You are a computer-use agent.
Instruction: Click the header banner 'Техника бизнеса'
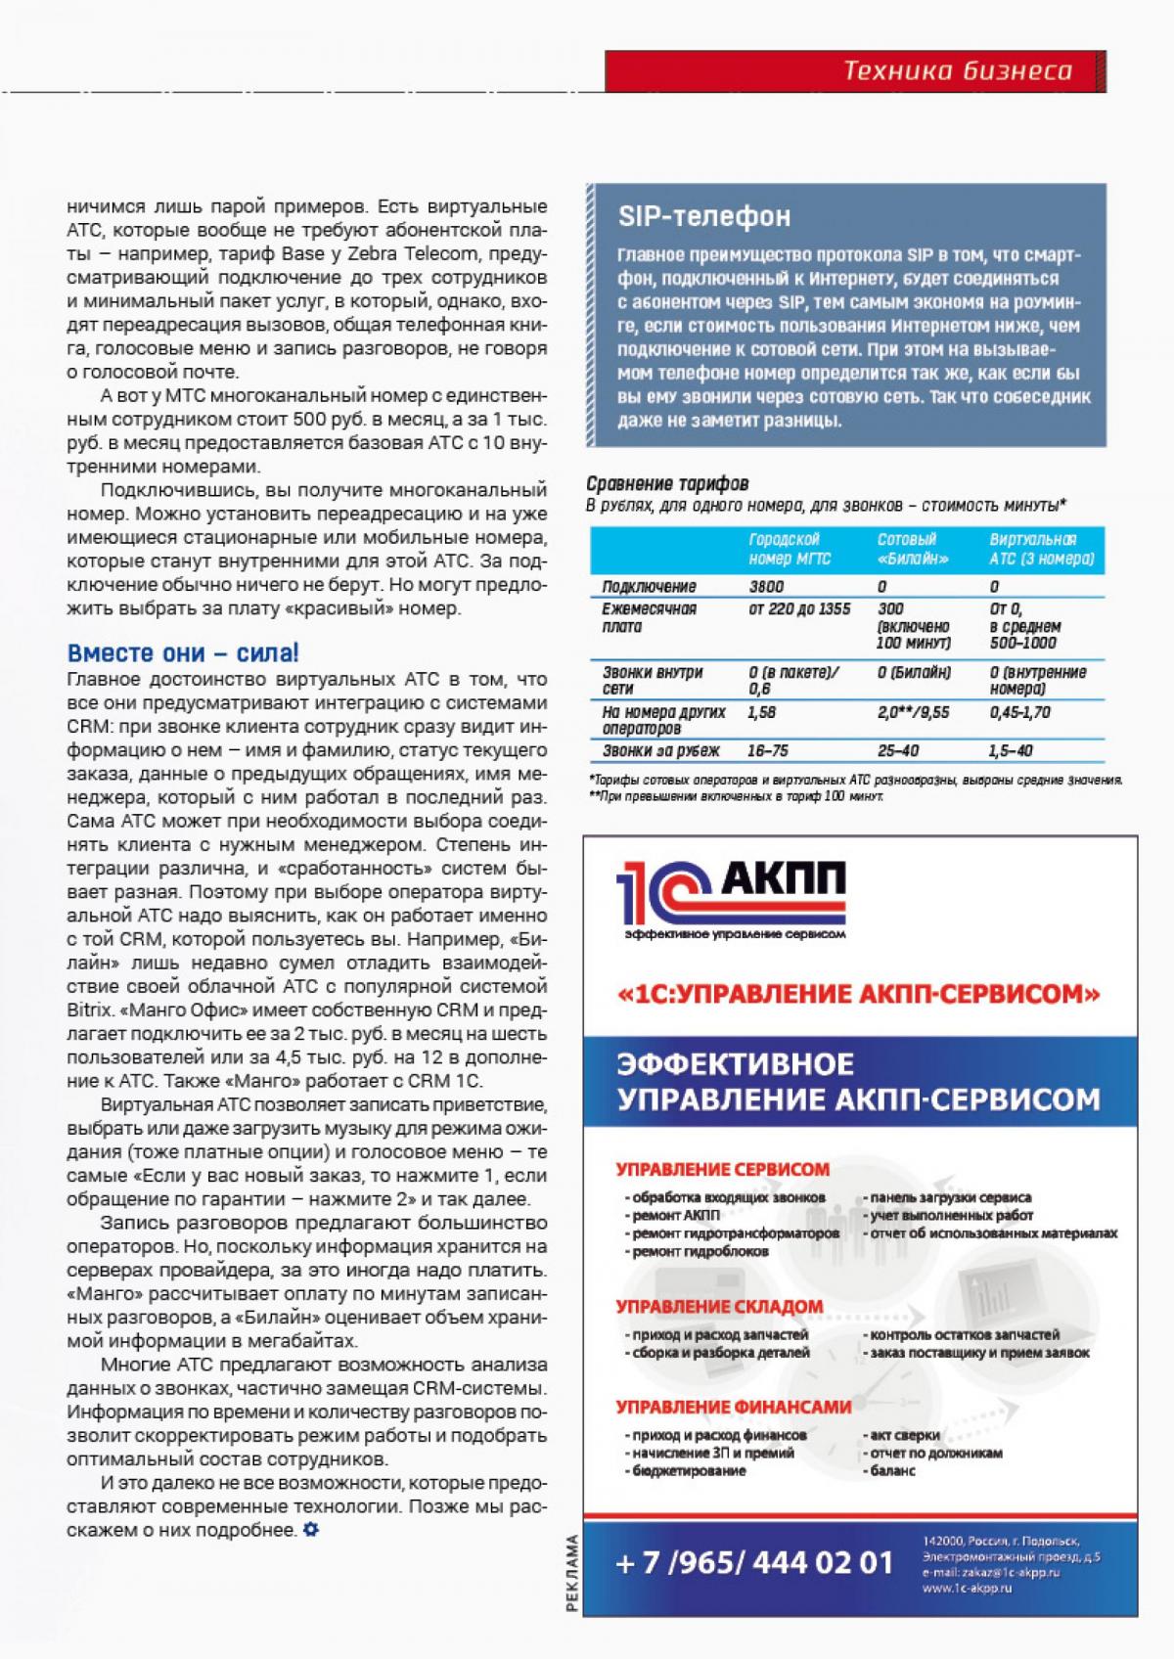tap(957, 70)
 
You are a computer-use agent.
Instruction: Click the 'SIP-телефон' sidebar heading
tap(704, 216)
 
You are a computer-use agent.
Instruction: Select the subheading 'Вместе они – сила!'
tap(183, 652)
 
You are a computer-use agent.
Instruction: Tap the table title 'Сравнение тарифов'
tap(667, 483)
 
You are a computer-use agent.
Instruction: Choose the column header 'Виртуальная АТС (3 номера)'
tap(1041, 549)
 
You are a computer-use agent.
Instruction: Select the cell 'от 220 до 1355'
tap(799, 609)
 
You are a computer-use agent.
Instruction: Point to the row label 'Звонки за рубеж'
tap(660, 751)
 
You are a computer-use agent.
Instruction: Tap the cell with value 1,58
tap(761, 712)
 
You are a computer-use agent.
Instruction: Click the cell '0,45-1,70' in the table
tap(1019, 712)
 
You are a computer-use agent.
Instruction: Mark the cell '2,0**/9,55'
tap(914, 712)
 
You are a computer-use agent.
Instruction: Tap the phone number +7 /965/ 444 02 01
tap(755, 1562)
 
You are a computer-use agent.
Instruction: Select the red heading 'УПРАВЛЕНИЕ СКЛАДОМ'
tap(719, 1307)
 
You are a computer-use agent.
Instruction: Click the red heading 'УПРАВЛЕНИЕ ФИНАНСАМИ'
tap(734, 1408)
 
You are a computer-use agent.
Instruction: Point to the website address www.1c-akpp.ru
tap(967, 1589)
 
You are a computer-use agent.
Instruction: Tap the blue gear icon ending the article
tap(310, 1529)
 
